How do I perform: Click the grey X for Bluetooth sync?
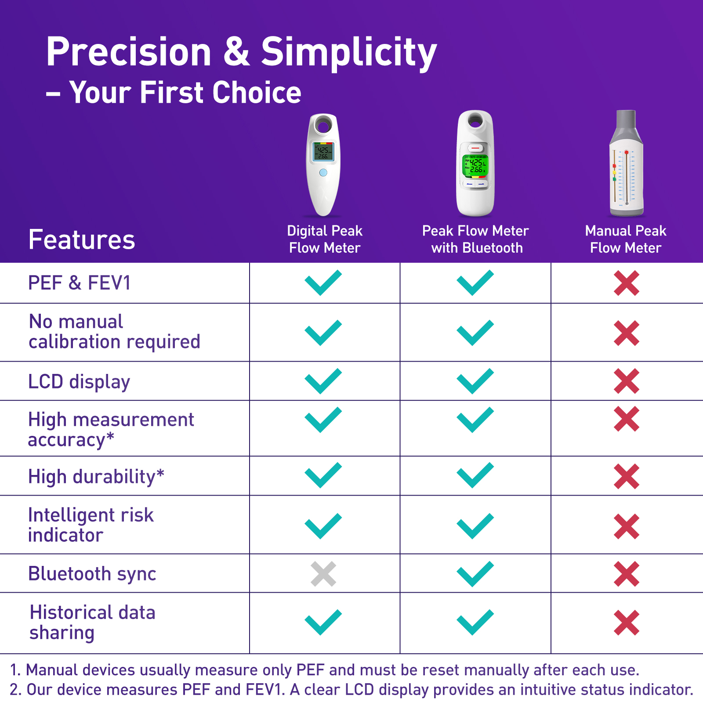point(323,574)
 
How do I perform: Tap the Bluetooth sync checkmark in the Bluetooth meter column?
point(475,574)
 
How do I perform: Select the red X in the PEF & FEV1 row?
point(627,283)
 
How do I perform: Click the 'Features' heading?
point(82,240)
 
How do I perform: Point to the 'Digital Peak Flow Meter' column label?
point(325,239)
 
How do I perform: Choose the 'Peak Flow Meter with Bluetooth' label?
point(476,239)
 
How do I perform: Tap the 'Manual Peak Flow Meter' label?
point(626,239)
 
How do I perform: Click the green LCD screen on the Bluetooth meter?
point(475,165)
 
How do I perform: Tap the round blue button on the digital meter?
point(323,173)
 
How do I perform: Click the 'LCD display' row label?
point(79,382)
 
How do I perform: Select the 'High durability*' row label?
point(96,477)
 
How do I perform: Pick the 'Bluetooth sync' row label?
point(92,574)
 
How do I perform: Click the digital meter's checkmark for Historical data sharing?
point(323,622)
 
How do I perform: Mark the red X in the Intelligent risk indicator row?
point(627,526)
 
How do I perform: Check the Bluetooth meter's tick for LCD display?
point(475,381)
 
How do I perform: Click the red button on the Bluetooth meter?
point(475,148)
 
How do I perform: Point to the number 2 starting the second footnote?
point(14,690)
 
